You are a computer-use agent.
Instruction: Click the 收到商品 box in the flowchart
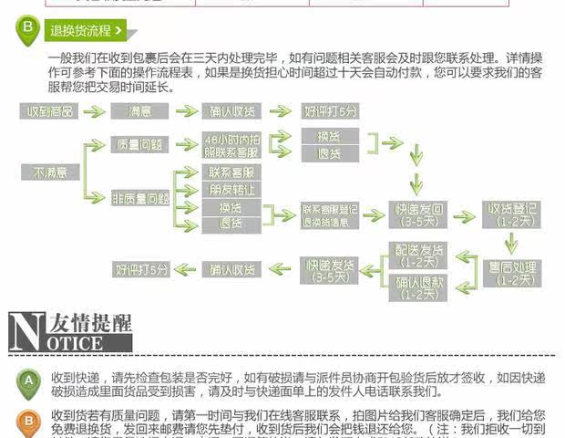(x=50, y=111)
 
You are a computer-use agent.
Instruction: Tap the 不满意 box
(x=50, y=172)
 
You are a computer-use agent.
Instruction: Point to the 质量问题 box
(x=139, y=144)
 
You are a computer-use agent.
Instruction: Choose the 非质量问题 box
(x=139, y=196)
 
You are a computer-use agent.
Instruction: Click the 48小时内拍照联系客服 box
(x=232, y=144)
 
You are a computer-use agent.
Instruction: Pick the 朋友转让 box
(x=232, y=189)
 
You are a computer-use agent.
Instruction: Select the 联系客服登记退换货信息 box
(x=331, y=215)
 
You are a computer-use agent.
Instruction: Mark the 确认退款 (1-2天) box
(x=417, y=287)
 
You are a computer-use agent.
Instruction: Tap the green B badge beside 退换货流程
(x=28, y=29)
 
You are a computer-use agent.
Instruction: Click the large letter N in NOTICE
(x=24, y=330)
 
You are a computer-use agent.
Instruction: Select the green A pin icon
(x=28, y=380)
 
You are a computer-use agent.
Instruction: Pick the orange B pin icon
(x=28, y=422)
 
